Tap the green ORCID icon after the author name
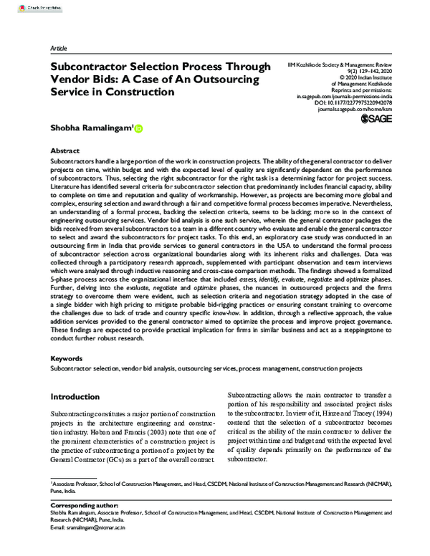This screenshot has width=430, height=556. pos(139,130)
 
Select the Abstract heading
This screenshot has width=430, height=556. pos(65,152)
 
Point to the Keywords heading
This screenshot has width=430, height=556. pos(67,357)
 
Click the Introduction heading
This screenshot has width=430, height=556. pos(75,396)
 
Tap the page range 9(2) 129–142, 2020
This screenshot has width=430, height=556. pos(343,70)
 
